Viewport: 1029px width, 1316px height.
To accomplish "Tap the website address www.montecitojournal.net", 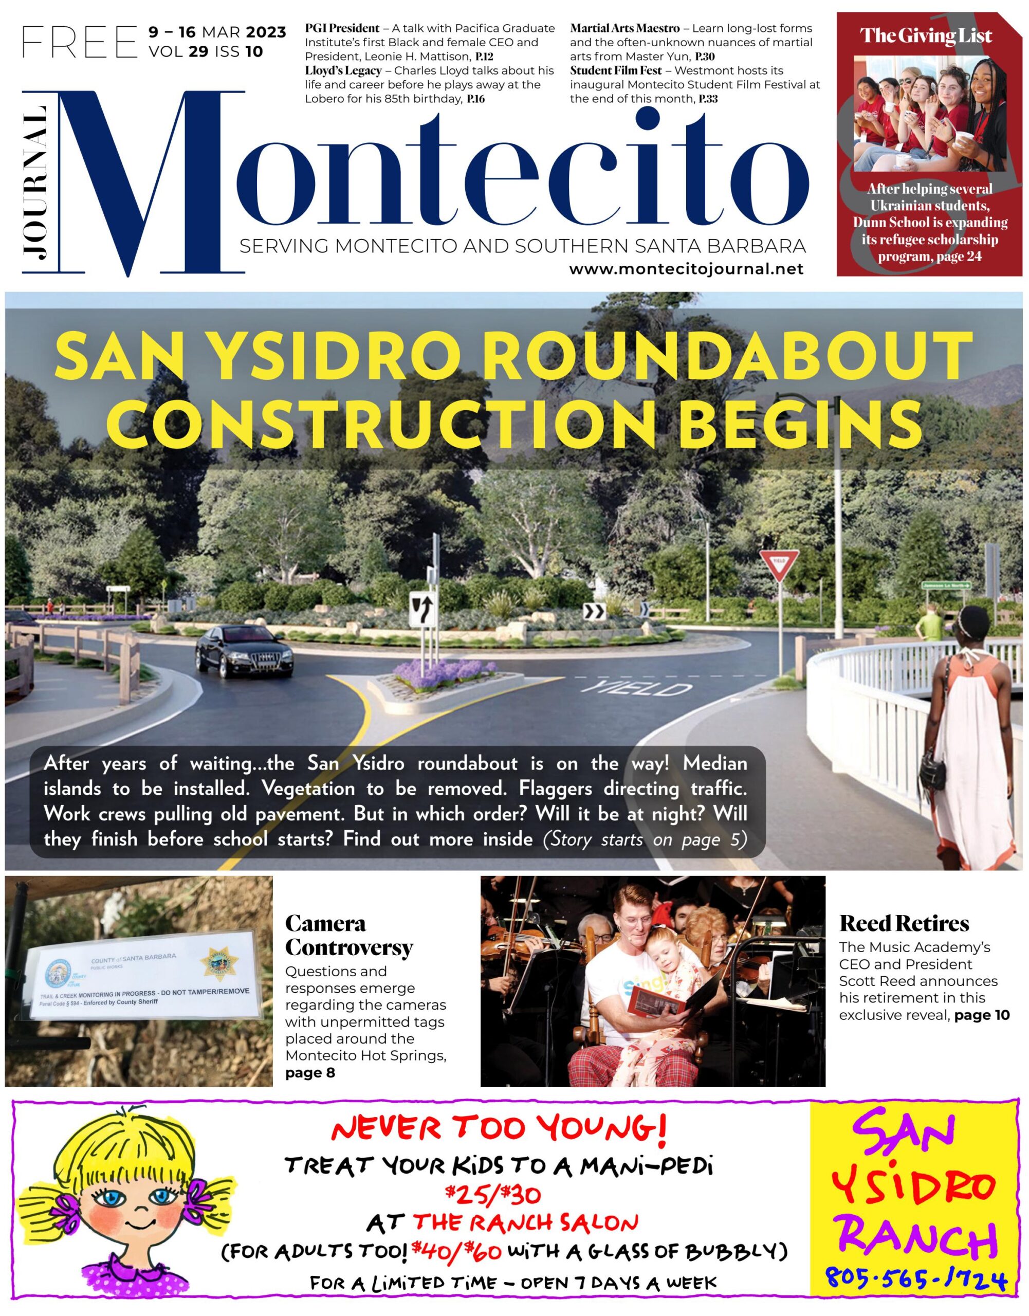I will pyautogui.click(x=686, y=269).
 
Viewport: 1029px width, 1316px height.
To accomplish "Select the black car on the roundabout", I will pyautogui.click(x=245, y=651).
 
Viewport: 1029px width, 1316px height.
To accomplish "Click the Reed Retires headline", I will pyautogui.click(x=904, y=923).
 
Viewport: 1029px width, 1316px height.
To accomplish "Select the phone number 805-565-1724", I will pyautogui.click(x=916, y=1277).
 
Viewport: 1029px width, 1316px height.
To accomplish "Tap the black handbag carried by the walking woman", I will pyautogui.click(x=932, y=766).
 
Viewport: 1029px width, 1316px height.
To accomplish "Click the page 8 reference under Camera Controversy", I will pyautogui.click(x=309, y=1072).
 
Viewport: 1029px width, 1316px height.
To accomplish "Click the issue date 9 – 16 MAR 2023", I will pyautogui.click(x=217, y=32).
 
